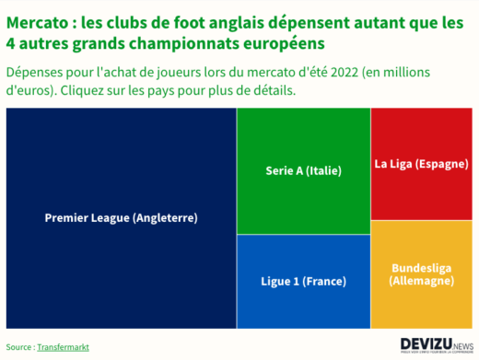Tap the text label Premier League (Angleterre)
[x=121, y=218]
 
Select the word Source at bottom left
[x=18, y=347]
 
